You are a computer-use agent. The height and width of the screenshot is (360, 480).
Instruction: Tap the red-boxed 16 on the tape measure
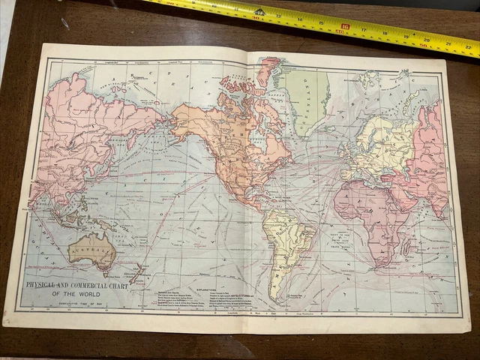coord(345,28)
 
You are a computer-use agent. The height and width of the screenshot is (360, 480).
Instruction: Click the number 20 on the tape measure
coord(427,40)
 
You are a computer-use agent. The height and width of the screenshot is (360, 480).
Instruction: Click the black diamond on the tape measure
coord(259,12)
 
